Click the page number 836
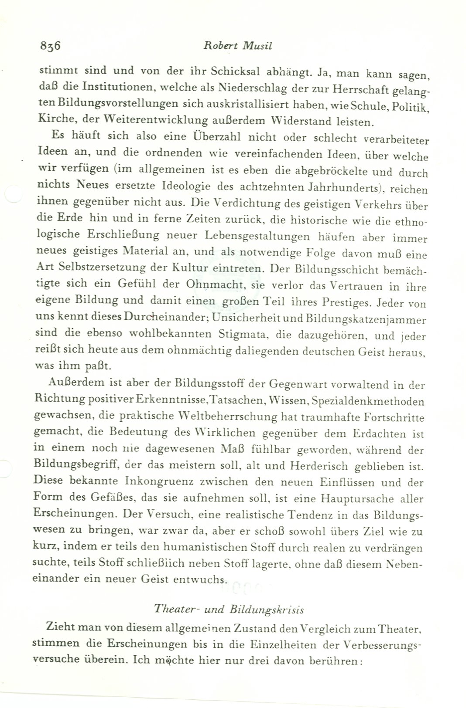49,45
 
